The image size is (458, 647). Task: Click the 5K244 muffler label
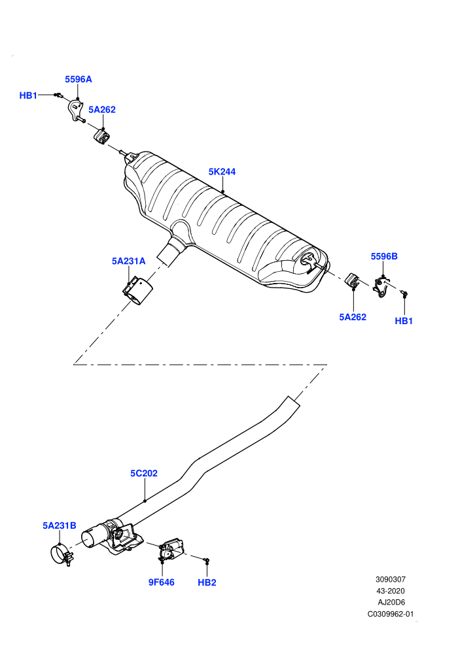click(x=222, y=172)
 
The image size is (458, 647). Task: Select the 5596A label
click(x=78, y=79)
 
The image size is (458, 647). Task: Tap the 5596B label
click(x=384, y=256)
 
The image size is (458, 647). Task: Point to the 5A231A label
click(x=128, y=261)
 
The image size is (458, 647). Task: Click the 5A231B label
click(x=60, y=525)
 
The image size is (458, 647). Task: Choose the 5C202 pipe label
click(x=144, y=473)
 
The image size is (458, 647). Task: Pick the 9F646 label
click(x=162, y=582)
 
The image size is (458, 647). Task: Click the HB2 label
click(x=207, y=582)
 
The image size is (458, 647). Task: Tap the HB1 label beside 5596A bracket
click(x=29, y=95)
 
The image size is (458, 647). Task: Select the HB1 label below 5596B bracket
click(x=404, y=321)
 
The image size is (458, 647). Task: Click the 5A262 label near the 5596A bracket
click(x=102, y=109)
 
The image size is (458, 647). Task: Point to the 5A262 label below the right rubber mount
click(x=353, y=317)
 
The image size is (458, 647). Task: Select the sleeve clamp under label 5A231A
click(x=137, y=291)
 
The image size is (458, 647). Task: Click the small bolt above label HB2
click(x=207, y=560)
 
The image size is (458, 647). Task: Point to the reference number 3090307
click(x=390, y=579)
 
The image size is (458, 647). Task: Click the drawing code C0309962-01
click(x=391, y=614)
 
